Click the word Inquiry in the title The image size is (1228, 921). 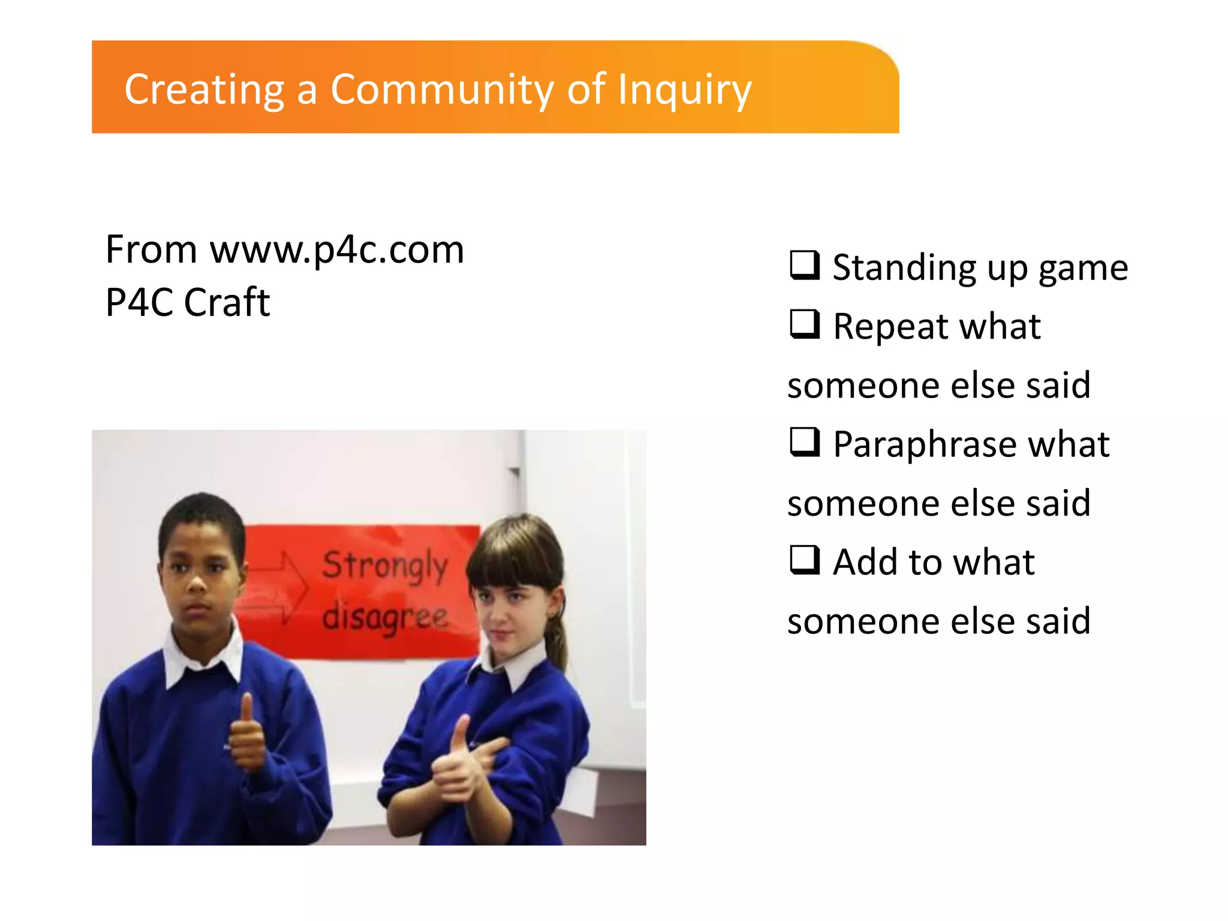click(684, 90)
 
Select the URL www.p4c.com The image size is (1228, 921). click(336, 249)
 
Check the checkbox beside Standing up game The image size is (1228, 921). click(804, 266)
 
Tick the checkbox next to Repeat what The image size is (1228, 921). click(804, 324)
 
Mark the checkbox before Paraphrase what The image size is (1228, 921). click(804, 443)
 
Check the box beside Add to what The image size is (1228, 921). click(804, 560)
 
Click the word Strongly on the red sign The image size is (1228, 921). click(385, 565)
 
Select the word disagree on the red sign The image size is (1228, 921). click(384, 618)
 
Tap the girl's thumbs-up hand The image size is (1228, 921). click(455, 762)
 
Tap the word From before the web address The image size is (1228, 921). click(151, 249)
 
